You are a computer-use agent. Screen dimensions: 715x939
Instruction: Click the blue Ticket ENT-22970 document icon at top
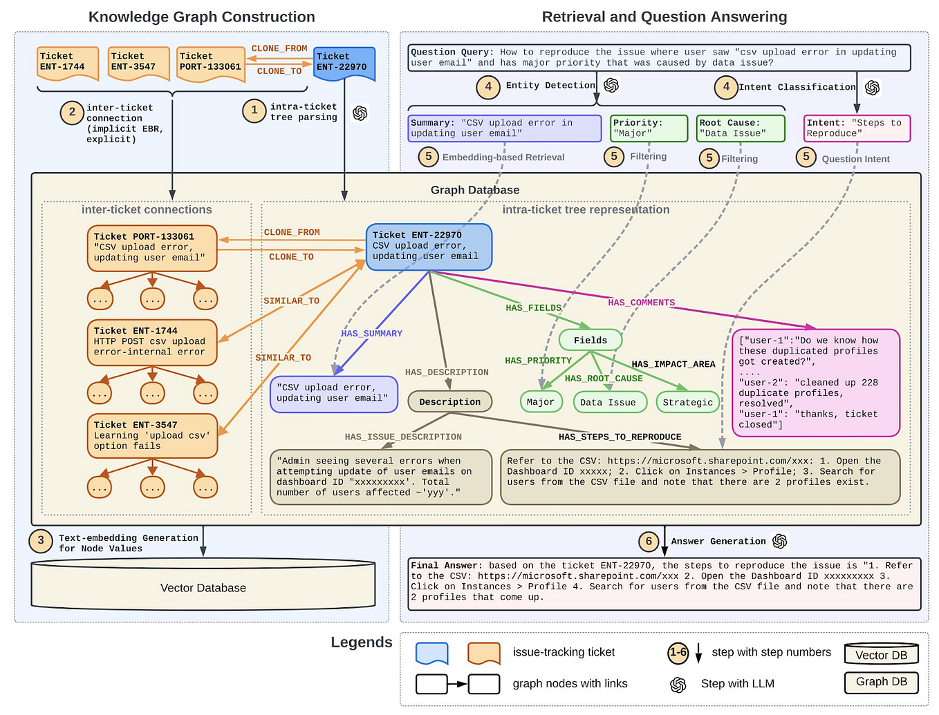click(344, 62)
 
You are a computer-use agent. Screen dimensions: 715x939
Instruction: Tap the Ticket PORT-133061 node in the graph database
click(151, 247)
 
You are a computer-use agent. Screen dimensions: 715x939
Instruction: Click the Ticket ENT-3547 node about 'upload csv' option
click(151, 435)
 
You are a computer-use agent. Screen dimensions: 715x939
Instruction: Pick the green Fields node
click(590, 340)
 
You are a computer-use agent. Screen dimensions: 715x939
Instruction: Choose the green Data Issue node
click(608, 402)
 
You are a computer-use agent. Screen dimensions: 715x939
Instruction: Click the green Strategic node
click(687, 402)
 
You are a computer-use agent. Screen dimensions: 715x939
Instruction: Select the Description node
click(449, 401)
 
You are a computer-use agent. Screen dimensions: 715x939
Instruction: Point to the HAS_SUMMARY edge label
click(371, 334)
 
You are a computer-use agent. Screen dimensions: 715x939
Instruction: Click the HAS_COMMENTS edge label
click(641, 303)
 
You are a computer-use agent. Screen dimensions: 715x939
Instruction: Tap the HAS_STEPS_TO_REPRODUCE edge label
click(620, 437)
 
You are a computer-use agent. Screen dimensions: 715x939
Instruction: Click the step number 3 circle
click(41, 540)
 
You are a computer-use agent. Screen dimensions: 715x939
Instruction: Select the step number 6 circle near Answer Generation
click(648, 541)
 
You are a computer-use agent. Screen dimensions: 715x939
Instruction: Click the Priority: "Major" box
click(649, 128)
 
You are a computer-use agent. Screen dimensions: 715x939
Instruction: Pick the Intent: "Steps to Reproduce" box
click(856, 128)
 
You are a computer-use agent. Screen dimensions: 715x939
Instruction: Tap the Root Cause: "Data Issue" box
click(740, 128)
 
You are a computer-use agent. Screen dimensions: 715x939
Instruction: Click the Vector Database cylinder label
click(203, 588)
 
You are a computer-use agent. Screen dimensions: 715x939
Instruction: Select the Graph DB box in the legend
click(881, 682)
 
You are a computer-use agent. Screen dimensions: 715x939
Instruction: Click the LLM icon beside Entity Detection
click(611, 85)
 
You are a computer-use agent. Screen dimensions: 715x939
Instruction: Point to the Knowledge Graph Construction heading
click(201, 17)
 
